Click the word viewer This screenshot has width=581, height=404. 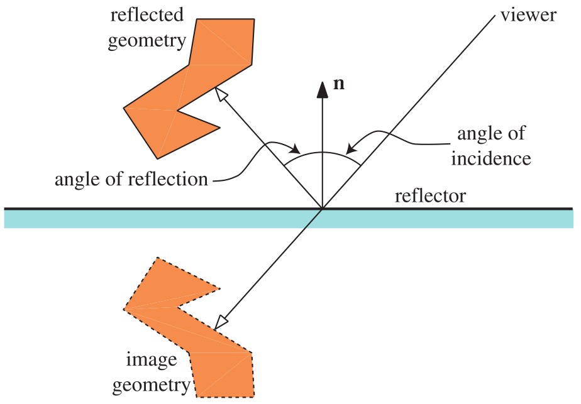pyautogui.click(x=528, y=14)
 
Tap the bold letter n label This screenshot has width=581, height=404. pyautogui.click(x=338, y=84)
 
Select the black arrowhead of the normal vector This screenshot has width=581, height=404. pyautogui.click(x=323, y=90)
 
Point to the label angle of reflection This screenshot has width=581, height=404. pyautogui.click(x=131, y=179)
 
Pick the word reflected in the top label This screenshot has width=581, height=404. pyautogui.click(x=147, y=14)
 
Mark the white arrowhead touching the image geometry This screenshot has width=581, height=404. pyautogui.click(x=221, y=322)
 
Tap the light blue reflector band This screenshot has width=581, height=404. pyautogui.click(x=289, y=219)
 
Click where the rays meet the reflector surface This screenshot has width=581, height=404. pyautogui.click(x=323, y=208)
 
